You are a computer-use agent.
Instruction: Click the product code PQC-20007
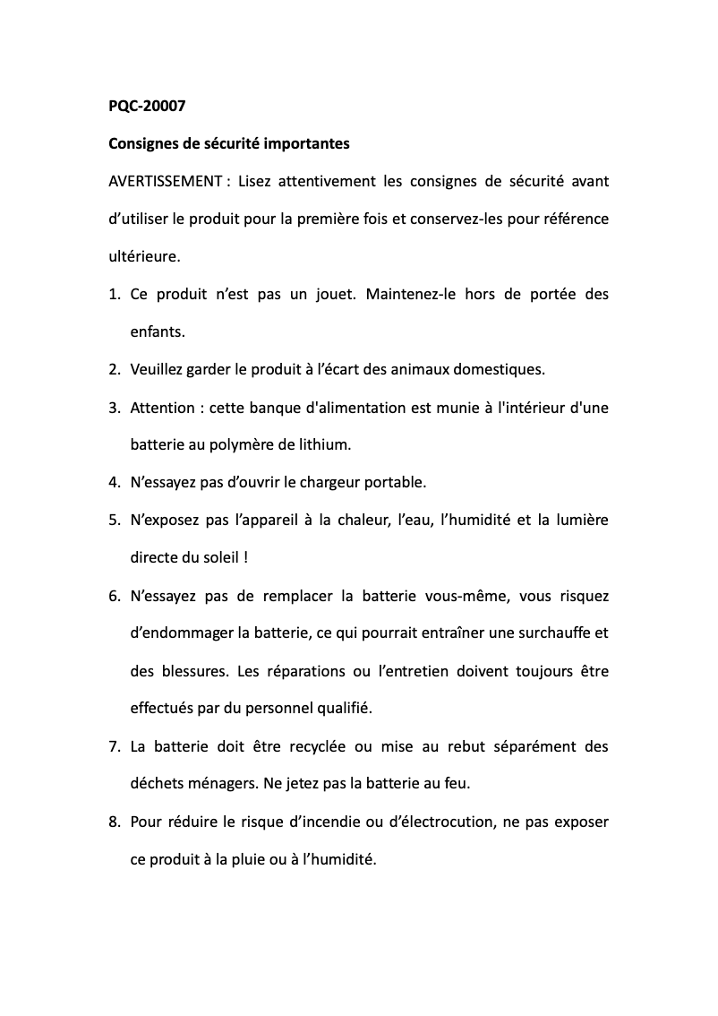click(147, 106)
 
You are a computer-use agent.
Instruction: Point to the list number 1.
click(114, 294)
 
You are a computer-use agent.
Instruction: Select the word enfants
click(157, 331)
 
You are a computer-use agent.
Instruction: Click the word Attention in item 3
click(162, 407)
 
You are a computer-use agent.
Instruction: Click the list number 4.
click(114, 482)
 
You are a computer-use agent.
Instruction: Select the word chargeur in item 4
click(333, 482)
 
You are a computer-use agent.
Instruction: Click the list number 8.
click(114, 821)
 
